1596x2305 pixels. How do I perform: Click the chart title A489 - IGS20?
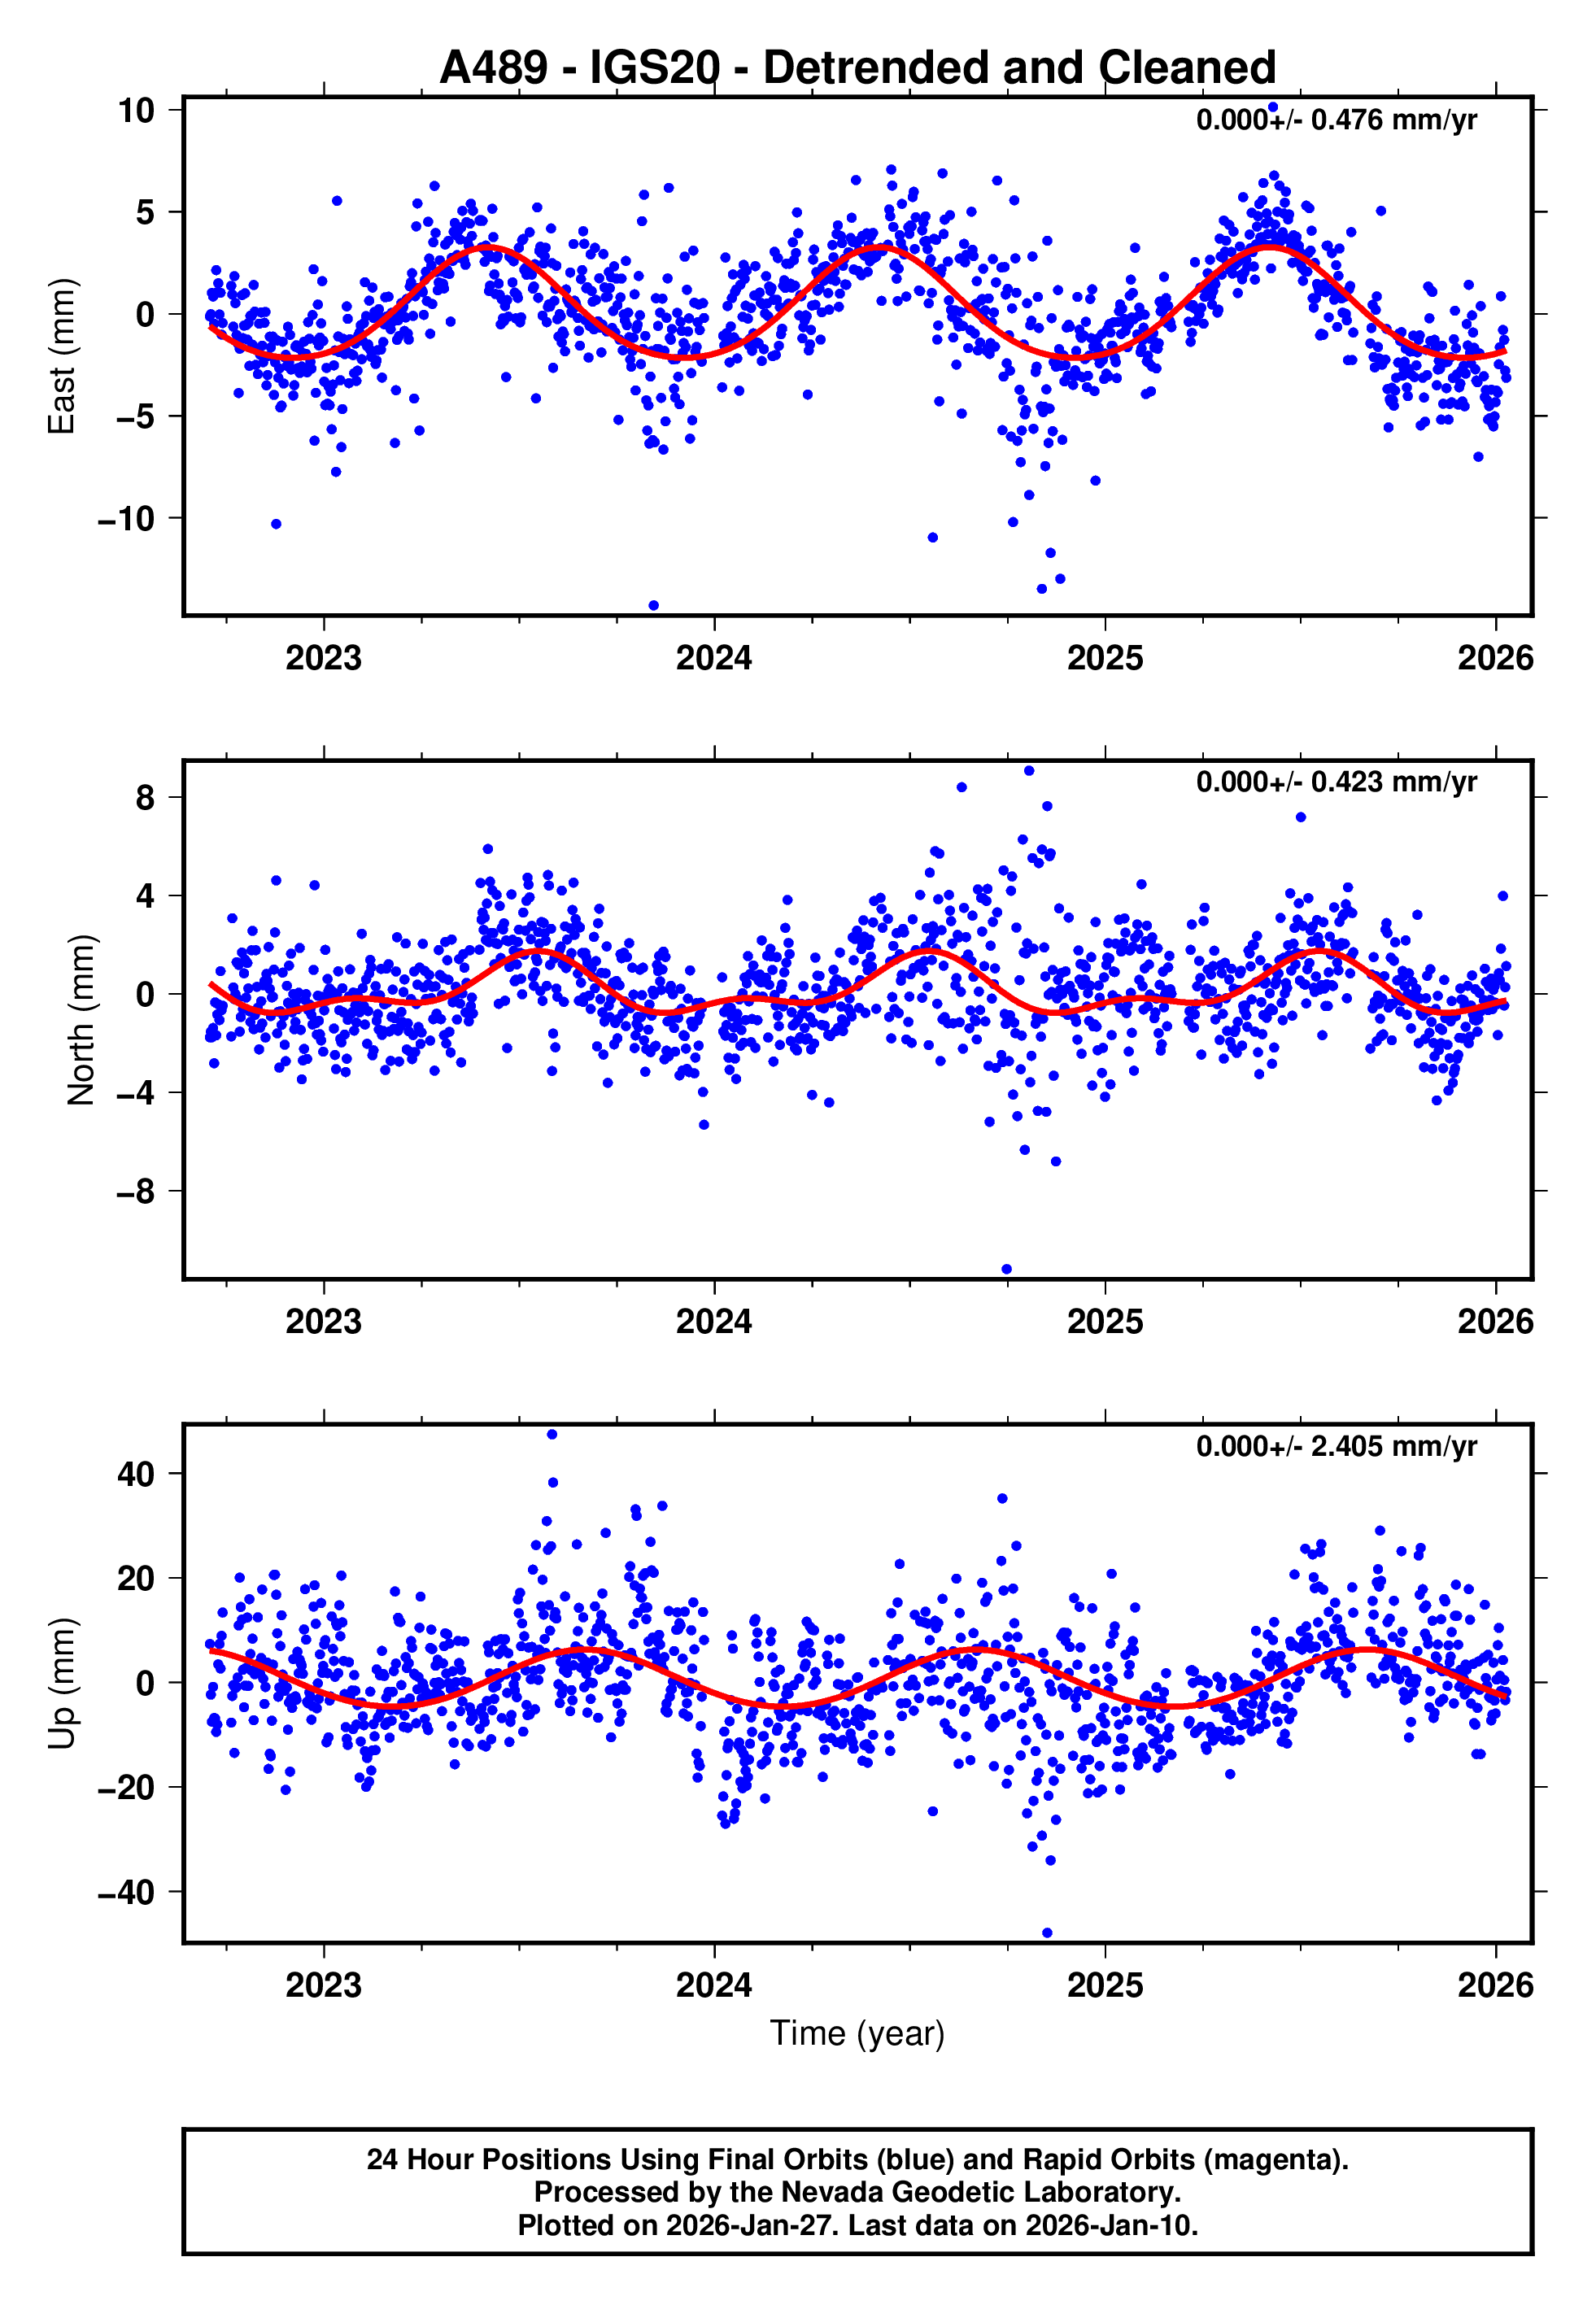pos(857,68)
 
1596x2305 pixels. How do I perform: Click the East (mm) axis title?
pos(62,357)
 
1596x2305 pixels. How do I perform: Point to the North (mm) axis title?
pos(81,1020)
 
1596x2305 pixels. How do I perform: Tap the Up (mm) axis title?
pos(62,1684)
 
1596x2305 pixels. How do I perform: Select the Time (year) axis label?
pos(857,2033)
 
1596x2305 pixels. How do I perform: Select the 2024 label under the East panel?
pos(714,658)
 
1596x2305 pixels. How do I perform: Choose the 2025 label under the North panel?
pos(1105,1322)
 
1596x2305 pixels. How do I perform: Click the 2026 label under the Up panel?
pos(1495,1985)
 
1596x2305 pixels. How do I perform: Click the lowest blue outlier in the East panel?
pos(654,605)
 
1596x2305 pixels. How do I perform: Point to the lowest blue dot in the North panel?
pos(1007,1270)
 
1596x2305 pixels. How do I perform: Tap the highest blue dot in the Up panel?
pos(552,1435)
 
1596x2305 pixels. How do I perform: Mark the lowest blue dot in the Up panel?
pos(1047,1933)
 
